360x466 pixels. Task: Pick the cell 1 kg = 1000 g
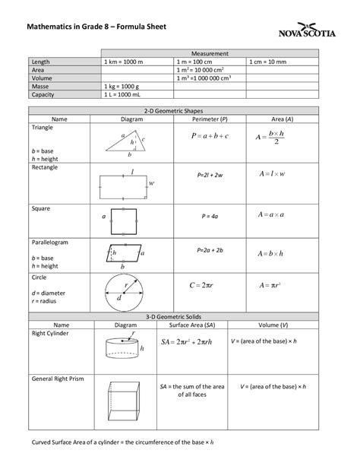(x=125, y=87)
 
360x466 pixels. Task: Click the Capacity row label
(x=45, y=95)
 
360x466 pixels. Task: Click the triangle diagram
(x=126, y=142)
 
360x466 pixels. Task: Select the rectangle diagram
(x=126, y=182)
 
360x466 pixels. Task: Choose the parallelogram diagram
(x=124, y=252)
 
